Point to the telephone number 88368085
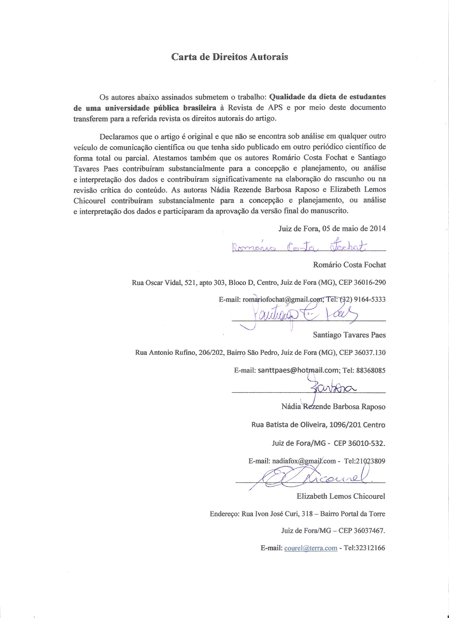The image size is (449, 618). click(x=371, y=370)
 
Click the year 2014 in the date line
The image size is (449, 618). click(x=378, y=228)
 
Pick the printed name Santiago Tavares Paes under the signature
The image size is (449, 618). click(x=349, y=335)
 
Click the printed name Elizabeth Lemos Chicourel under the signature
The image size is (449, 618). click(x=341, y=496)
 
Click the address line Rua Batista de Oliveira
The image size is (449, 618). click(x=318, y=425)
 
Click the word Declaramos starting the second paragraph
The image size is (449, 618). click(x=117, y=136)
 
